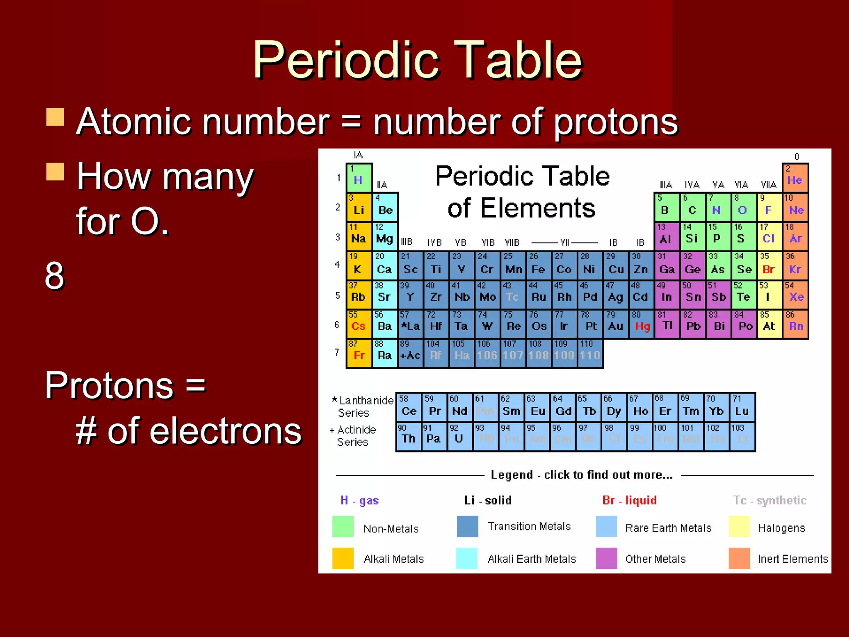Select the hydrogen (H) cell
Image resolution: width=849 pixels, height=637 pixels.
point(359,178)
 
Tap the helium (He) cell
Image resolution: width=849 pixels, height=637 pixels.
point(795,178)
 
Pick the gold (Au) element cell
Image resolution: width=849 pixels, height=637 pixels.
point(616,323)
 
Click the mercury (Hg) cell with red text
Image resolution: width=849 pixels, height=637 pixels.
point(641,323)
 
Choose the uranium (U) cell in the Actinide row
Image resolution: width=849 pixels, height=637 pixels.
point(459,437)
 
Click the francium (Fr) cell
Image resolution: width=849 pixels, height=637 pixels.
point(359,353)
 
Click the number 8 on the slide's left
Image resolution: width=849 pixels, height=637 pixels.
point(54,276)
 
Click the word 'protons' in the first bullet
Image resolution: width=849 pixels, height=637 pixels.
point(616,122)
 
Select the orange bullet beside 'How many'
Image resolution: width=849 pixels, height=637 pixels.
point(55,172)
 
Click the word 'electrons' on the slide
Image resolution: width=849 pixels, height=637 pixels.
point(204,431)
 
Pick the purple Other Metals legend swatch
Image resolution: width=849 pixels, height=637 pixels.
point(606,558)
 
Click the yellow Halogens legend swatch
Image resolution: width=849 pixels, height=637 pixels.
point(739,527)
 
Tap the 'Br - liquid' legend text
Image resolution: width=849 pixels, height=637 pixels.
point(629,500)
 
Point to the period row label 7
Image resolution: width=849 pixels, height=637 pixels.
point(337,353)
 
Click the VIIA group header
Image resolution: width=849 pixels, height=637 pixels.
point(768,185)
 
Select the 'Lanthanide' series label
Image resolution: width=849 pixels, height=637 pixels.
point(366,400)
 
